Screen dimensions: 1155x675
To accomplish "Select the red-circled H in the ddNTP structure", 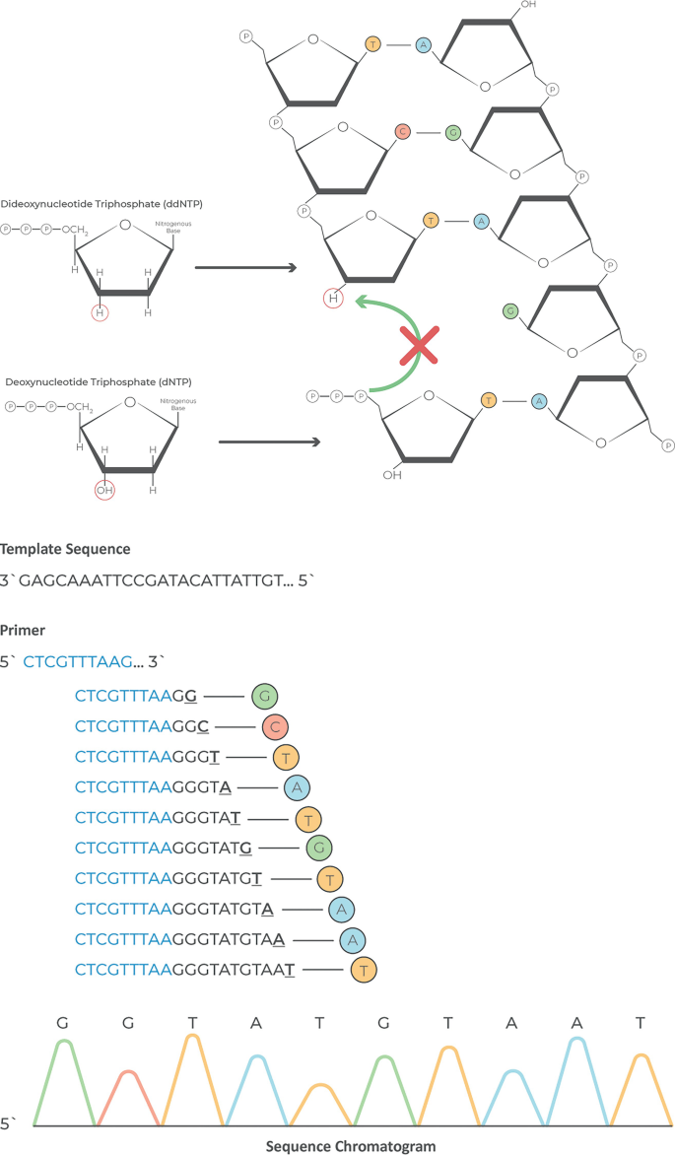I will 100,313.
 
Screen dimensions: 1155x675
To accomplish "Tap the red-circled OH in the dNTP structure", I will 103,488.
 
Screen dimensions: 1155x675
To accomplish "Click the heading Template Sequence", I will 65,549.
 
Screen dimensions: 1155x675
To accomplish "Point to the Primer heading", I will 25,628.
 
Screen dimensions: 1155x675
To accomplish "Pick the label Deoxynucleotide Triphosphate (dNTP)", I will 84,380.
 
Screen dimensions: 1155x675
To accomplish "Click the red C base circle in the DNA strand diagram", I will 401,131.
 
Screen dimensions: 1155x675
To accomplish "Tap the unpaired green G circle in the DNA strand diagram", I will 509,311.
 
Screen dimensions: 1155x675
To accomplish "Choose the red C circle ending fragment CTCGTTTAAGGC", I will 276,727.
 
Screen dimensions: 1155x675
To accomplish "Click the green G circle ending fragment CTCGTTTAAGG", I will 264,697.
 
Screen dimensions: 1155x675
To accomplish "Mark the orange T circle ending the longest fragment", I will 364,971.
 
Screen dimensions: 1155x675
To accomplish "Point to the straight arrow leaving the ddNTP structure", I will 245,267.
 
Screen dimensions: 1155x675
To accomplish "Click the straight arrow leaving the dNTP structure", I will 269,442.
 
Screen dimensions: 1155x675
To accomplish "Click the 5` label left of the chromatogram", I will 9,1122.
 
